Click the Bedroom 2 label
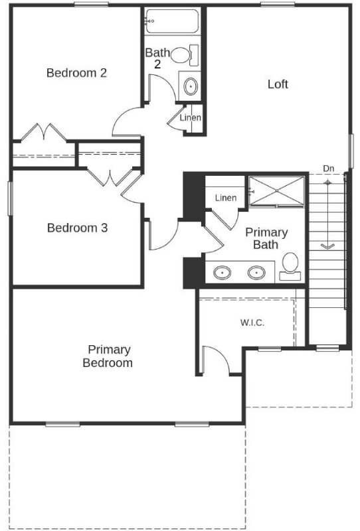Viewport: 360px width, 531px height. pyautogui.click(x=76, y=73)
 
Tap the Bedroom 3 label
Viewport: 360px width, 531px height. pyautogui.click(x=77, y=228)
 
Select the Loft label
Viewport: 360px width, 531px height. pyautogui.click(x=278, y=84)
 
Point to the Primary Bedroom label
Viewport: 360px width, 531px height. pyautogui.click(x=108, y=356)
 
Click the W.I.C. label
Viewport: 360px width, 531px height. pyautogui.click(x=252, y=323)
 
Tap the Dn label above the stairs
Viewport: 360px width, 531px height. pyautogui.click(x=328, y=169)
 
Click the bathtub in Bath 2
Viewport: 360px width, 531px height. pyautogui.click(x=171, y=21)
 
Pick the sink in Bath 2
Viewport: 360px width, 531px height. pyautogui.click(x=191, y=86)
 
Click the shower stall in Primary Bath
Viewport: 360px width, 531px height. pyautogui.click(x=276, y=190)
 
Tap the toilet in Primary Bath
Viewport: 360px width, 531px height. pyautogui.click(x=290, y=267)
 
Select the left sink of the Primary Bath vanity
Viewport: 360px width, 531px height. pyautogui.click(x=222, y=272)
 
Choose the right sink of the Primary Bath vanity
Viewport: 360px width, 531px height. pyautogui.click(x=256, y=273)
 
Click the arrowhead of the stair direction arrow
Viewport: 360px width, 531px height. pyautogui.click(x=327, y=246)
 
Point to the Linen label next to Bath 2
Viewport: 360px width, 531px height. pyautogui.click(x=190, y=118)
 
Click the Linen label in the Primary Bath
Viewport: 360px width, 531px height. pyautogui.click(x=226, y=197)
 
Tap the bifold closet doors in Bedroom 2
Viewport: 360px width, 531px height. pyautogui.click(x=43, y=132)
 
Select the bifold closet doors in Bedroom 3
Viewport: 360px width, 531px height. pyautogui.click(x=110, y=177)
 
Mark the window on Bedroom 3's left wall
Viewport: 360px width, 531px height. pyautogui.click(x=10, y=198)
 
